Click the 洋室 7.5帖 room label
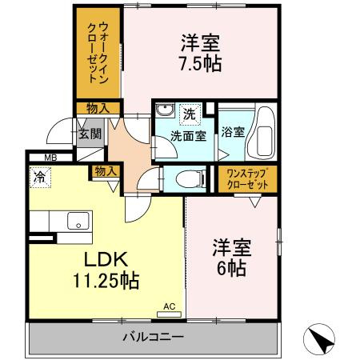pos(201,51)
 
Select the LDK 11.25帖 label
pos(107,270)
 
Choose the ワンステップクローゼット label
pos(246,178)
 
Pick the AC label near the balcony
pos(169,306)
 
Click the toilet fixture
pos(178,178)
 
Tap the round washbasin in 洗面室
pos(165,111)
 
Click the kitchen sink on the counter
pos(79,221)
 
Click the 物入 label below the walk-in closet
pos(98,107)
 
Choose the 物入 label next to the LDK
pos(106,170)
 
